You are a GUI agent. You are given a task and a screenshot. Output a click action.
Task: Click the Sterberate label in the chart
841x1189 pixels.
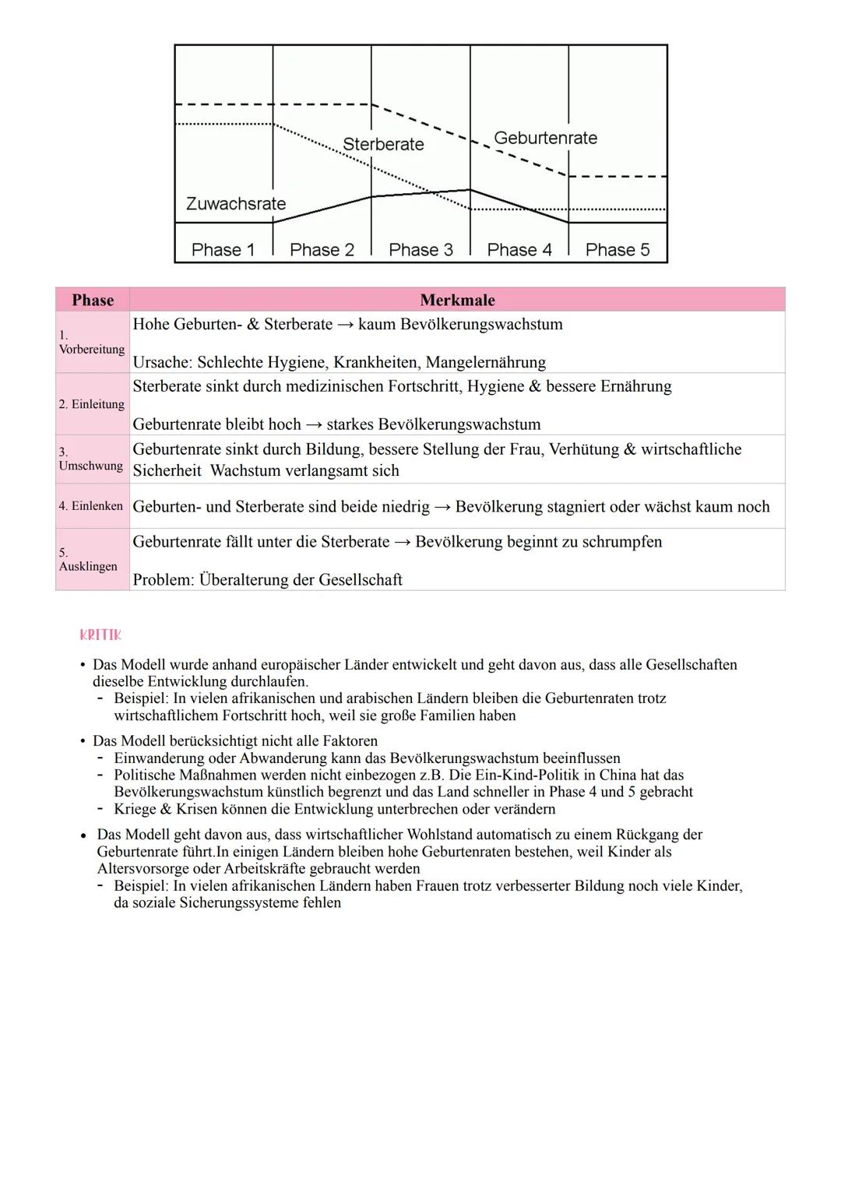[x=383, y=144]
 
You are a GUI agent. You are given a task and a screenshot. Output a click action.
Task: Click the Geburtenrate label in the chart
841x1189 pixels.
[x=545, y=138]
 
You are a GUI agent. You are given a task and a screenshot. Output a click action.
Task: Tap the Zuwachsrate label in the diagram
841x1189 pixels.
[x=236, y=204]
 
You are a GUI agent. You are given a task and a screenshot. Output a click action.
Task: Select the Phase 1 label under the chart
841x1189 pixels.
[x=223, y=250]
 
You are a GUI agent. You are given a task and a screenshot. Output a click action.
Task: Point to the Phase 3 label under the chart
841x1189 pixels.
[x=420, y=250]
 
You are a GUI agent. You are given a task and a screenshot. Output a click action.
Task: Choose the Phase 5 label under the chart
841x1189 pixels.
[x=617, y=250]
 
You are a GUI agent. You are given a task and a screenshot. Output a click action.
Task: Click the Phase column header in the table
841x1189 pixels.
[x=93, y=301]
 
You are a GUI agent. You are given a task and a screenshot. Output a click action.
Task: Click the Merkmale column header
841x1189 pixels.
[x=457, y=301]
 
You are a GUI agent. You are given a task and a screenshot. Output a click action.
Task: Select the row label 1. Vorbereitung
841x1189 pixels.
[x=91, y=343]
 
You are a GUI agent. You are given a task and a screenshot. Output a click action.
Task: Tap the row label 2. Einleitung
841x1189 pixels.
[x=91, y=404]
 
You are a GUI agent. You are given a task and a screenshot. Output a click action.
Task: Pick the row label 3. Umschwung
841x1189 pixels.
[x=90, y=459]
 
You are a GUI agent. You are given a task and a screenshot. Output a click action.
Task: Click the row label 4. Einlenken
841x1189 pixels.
[x=90, y=506]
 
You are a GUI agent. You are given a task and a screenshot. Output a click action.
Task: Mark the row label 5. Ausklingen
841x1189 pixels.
[x=88, y=560]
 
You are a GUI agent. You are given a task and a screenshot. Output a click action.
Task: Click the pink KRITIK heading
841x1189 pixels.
[x=100, y=635]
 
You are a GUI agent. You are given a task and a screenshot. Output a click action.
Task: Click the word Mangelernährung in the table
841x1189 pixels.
[x=485, y=362]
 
